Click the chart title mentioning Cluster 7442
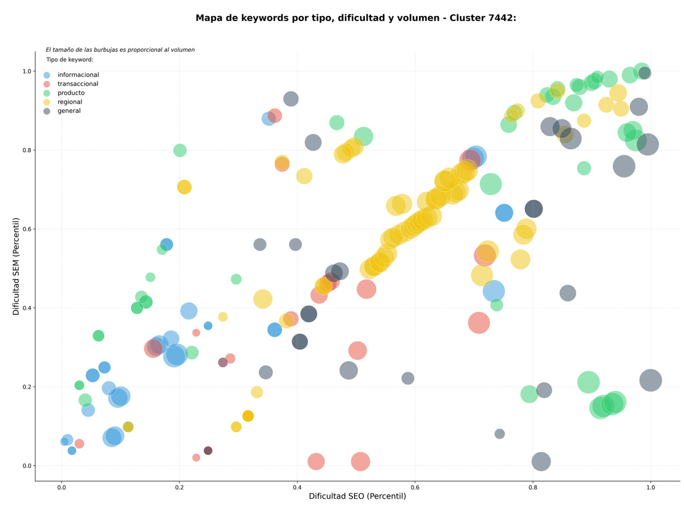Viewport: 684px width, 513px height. (x=356, y=18)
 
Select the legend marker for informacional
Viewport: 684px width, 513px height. (x=47, y=75)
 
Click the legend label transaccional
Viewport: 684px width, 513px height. (x=78, y=84)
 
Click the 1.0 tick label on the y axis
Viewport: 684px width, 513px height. (x=27, y=71)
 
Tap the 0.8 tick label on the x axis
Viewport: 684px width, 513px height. (x=532, y=487)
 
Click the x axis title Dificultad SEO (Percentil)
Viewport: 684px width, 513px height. (x=357, y=496)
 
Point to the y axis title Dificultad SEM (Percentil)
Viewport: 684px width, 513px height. (x=16, y=266)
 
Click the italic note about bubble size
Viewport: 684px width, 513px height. (x=120, y=50)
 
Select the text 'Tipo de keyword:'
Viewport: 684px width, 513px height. (x=70, y=59)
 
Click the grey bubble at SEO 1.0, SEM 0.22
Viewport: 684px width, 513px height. (x=650, y=380)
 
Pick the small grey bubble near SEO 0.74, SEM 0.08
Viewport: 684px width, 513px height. (x=499, y=434)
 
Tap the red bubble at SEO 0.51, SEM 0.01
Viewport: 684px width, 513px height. (x=360, y=461)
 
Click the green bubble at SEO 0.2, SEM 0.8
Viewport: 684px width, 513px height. (x=180, y=150)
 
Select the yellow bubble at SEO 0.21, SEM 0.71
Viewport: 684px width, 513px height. (x=184, y=187)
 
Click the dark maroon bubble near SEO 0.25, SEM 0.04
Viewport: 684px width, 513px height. (x=208, y=450)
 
